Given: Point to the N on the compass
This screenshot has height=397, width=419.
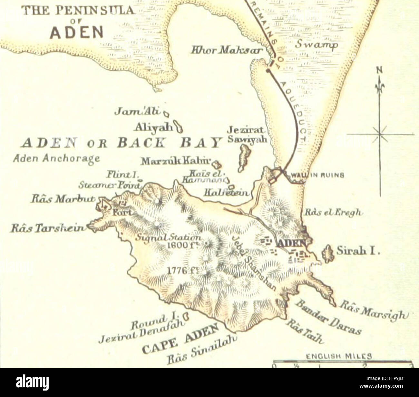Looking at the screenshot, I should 380,70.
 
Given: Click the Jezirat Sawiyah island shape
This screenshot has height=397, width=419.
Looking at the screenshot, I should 244,157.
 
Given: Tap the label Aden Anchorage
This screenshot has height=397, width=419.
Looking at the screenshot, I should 57,158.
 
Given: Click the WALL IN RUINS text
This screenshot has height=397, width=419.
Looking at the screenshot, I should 317,175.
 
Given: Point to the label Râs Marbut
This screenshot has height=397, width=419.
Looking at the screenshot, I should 63,199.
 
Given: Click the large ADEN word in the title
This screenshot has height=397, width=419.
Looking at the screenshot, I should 77,32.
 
